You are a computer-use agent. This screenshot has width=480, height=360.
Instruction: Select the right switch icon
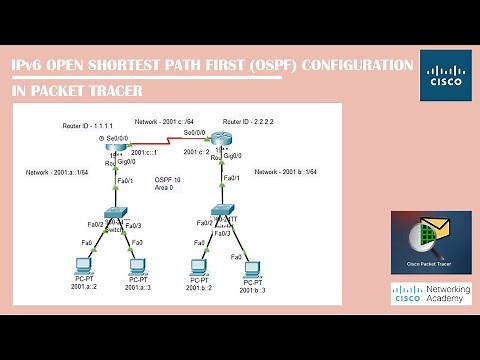[222, 213]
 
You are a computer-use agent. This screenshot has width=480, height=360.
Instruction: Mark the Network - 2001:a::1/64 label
[60, 173]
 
